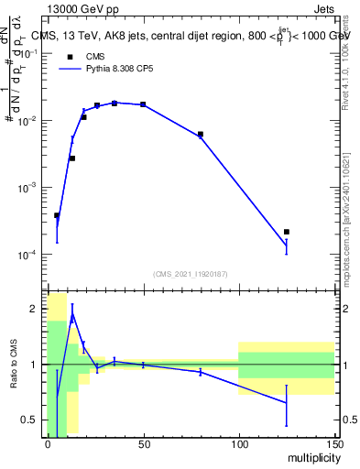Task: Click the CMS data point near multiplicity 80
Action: pos(201,135)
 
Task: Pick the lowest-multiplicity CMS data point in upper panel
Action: pos(57,215)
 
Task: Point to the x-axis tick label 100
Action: pos(239,443)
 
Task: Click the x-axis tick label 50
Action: pos(143,443)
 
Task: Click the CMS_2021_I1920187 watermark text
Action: pos(190,273)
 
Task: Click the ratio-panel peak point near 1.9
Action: pos(72,315)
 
